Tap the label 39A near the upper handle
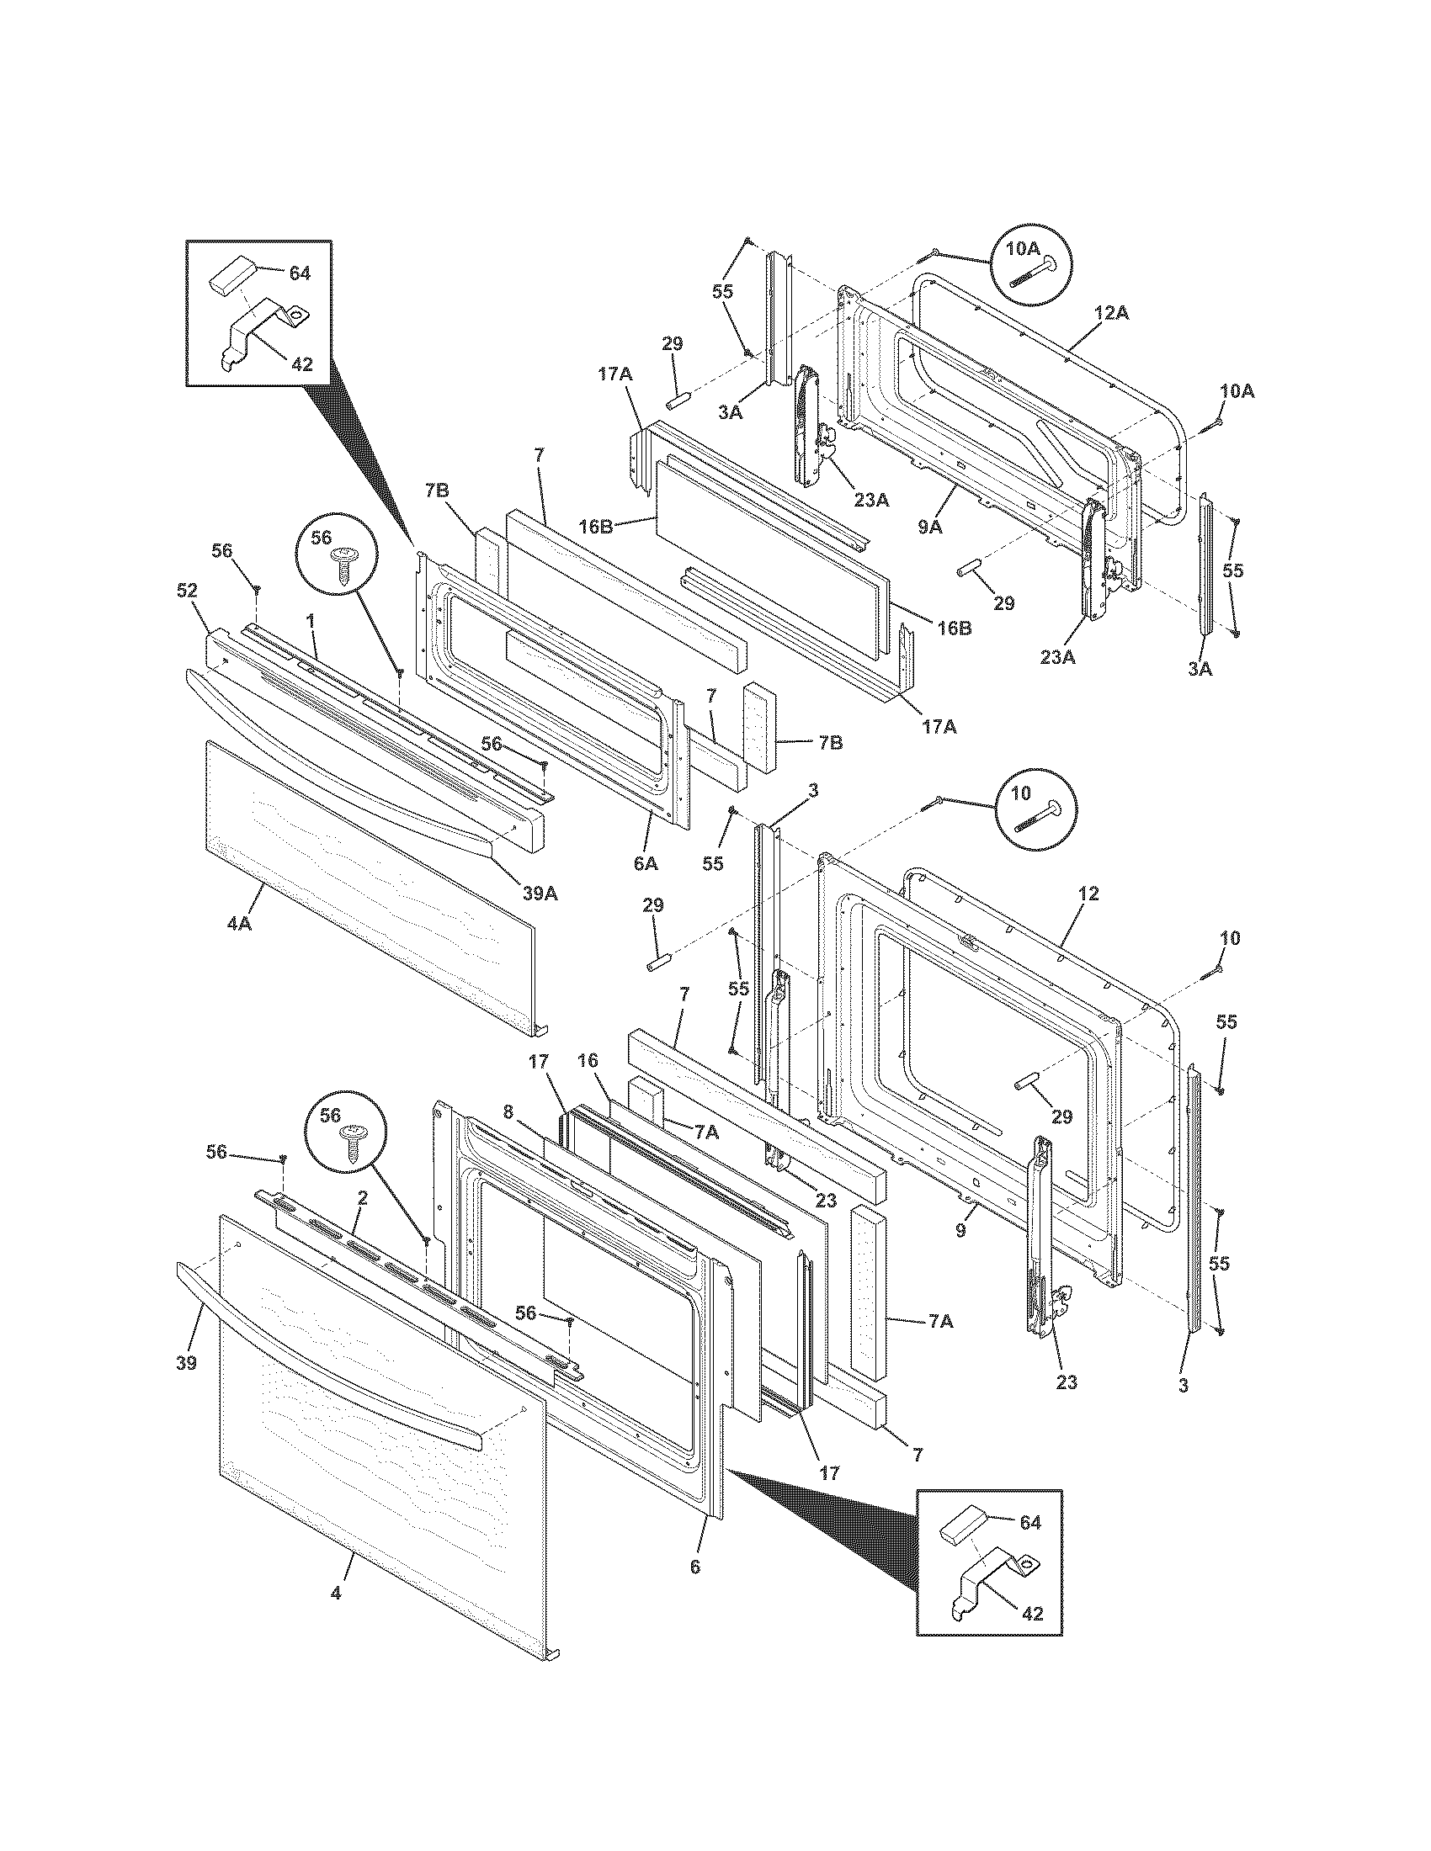click(540, 894)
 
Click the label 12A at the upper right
click(1111, 313)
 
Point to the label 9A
click(929, 527)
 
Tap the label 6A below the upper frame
click(645, 863)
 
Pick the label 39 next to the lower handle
click(187, 1363)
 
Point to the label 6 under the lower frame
click(695, 1567)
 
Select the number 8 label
click(508, 1112)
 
